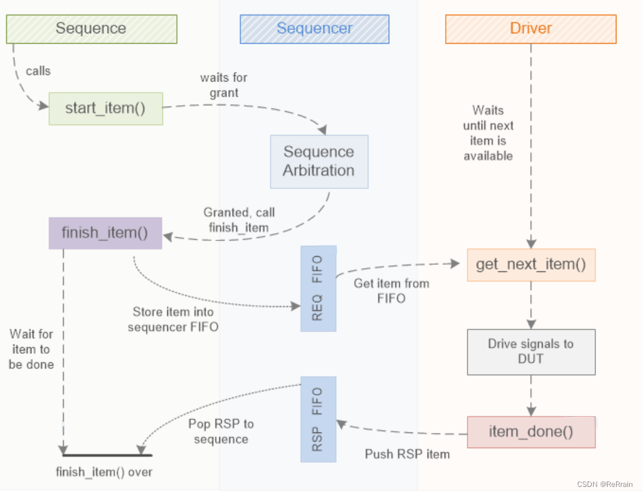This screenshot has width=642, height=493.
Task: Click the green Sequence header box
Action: [x=91, y=28]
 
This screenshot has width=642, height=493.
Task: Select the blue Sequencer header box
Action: [x=314, y=28]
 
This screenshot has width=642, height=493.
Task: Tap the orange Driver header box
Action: [x=531, y=28]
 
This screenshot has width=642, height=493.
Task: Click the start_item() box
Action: [x=105, y=108]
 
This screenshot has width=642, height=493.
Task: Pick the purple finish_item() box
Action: [x=105, y=233]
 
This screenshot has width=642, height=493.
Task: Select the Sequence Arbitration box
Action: [x=319, y=161]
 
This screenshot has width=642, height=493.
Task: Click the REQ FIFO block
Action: [x=318, y=288]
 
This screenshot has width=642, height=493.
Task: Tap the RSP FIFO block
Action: [x=318, y=419]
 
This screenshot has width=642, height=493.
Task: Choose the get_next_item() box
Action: [x=531, y=265]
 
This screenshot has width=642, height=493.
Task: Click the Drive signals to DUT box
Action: [x=531, y=351]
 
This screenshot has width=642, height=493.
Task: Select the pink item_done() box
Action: [x=531, y=432]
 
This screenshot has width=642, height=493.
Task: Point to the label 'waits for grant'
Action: [x=223, y=85]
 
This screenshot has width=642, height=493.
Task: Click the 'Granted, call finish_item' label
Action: [x=239, y=220]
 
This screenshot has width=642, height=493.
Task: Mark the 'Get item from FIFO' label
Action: [x=391, y=290]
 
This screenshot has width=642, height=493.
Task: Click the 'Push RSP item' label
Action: [x=407, y=454]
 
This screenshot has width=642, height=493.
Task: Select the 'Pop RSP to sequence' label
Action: [x=220, y=431]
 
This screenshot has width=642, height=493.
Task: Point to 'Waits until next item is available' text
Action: [x=488, y=133]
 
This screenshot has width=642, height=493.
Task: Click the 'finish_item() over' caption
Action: [x=104, y=472]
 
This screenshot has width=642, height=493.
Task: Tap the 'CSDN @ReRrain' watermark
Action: [x=604, y=484]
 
